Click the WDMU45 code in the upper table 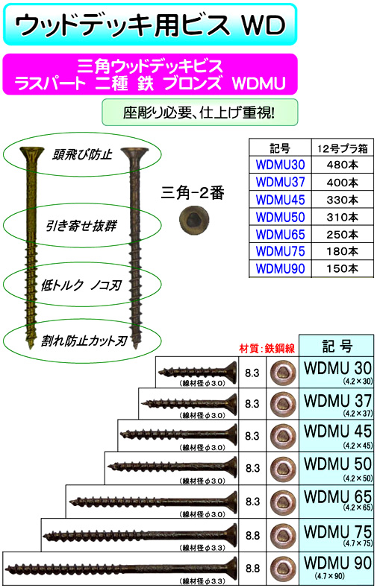click(x=280, y=200)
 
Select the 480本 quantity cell click(x=343, y=165)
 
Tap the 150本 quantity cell click(x=343, y=268)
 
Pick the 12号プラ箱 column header click(x=343, y=148)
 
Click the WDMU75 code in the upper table click(x=280, y=251)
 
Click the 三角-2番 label click(x=193, y=193)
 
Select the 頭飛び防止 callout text click(x=82, y=154)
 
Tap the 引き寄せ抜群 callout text click(x=81, y=226)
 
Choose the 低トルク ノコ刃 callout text click(x=81, y=285)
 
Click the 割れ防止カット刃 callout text click(x=84, y=341)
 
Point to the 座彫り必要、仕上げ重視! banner click(x=200, y=112)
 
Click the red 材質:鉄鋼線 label click(x=267, y=348)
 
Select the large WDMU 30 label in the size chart click(x=338, y=368)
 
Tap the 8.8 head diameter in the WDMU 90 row click(x=252, y=568)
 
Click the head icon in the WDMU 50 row click(x=282, y=468)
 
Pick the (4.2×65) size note click(x=358, y=508)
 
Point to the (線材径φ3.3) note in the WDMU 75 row click(x=203, y=548)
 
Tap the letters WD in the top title click(x=264, y=25)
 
